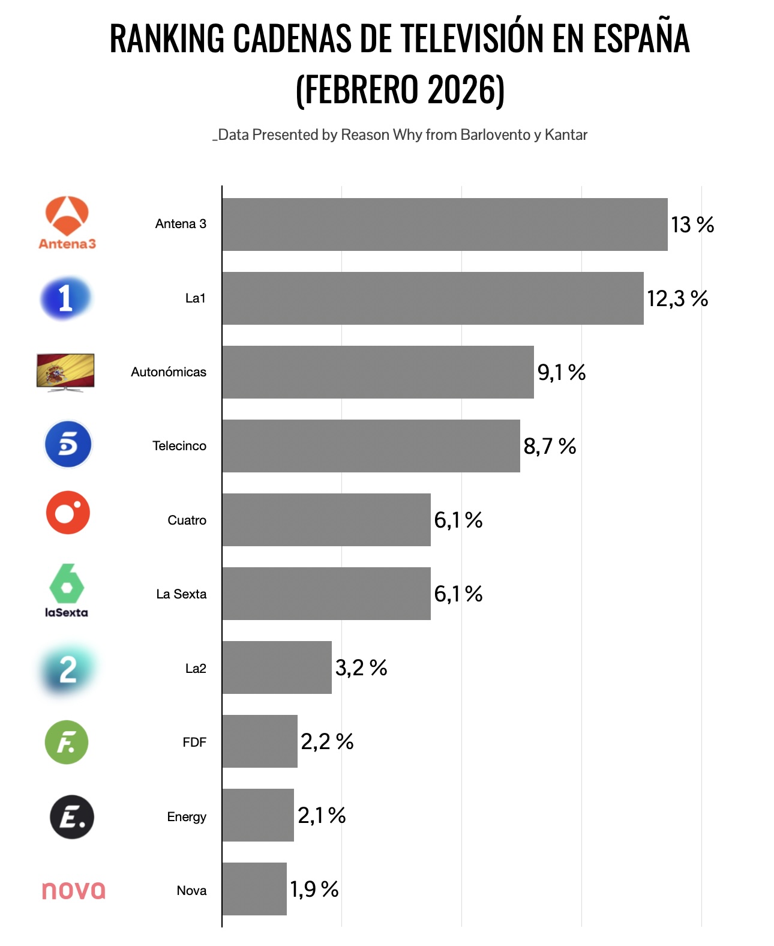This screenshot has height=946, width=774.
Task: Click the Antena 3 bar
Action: coord(445,224)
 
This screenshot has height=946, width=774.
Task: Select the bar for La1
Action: coord(433,298)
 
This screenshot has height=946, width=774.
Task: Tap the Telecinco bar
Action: coord(371,446)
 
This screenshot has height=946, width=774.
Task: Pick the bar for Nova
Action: coord(254,889)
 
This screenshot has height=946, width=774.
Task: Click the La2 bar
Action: coord(277,667)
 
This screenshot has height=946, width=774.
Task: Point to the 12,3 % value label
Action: coord(677,298)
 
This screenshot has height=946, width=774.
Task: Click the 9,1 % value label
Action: coord(561,372)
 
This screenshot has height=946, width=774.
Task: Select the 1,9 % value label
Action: coord(314,889)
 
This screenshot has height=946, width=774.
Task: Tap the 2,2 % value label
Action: coord(327,741)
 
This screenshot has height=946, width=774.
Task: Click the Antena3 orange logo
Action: coord(67,223)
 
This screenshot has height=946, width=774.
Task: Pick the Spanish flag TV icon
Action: coord(65,372)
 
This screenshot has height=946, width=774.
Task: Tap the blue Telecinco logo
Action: coord(68,445)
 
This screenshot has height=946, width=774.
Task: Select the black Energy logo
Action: coord(72,816)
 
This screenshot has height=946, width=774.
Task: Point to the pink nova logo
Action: coord(73,890)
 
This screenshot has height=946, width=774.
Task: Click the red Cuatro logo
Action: coord(68,513)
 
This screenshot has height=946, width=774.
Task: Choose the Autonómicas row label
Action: coord(169,372)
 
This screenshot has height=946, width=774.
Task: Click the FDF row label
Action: coord(194,743)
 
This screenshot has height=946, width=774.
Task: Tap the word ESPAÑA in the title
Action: coord(641,38)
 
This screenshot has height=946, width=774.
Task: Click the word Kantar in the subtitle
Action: coord(566,135)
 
